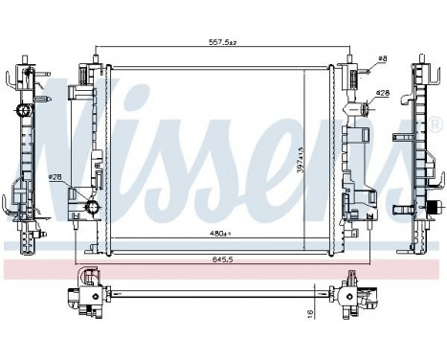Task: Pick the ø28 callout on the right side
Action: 381,93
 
